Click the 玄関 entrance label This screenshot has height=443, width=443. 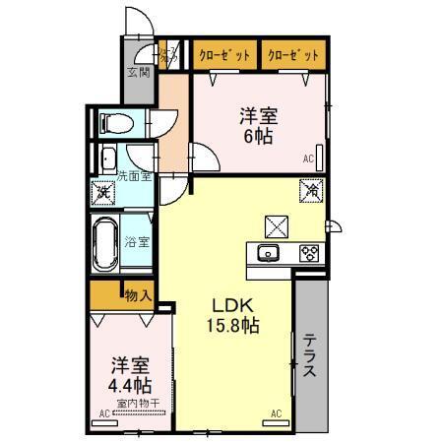[x=138, y=71]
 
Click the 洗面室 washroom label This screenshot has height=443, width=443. [x=134, y=175]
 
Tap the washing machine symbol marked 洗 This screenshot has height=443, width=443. [x=103, y=193]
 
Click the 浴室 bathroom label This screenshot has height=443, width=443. [x=137, y=242]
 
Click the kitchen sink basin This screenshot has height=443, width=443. [x=268, y=253]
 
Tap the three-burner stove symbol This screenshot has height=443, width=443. [x=308, y=253]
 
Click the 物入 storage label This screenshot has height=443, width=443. [x=137, y=293]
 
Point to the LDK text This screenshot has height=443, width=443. [x=233, y=305]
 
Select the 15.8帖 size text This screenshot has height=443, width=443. [x=233, y=326]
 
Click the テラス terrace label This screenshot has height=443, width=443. [x=309, y=356]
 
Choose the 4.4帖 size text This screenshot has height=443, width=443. [x=130, y=382]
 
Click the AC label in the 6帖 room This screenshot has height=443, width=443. [x=307, y=159]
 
